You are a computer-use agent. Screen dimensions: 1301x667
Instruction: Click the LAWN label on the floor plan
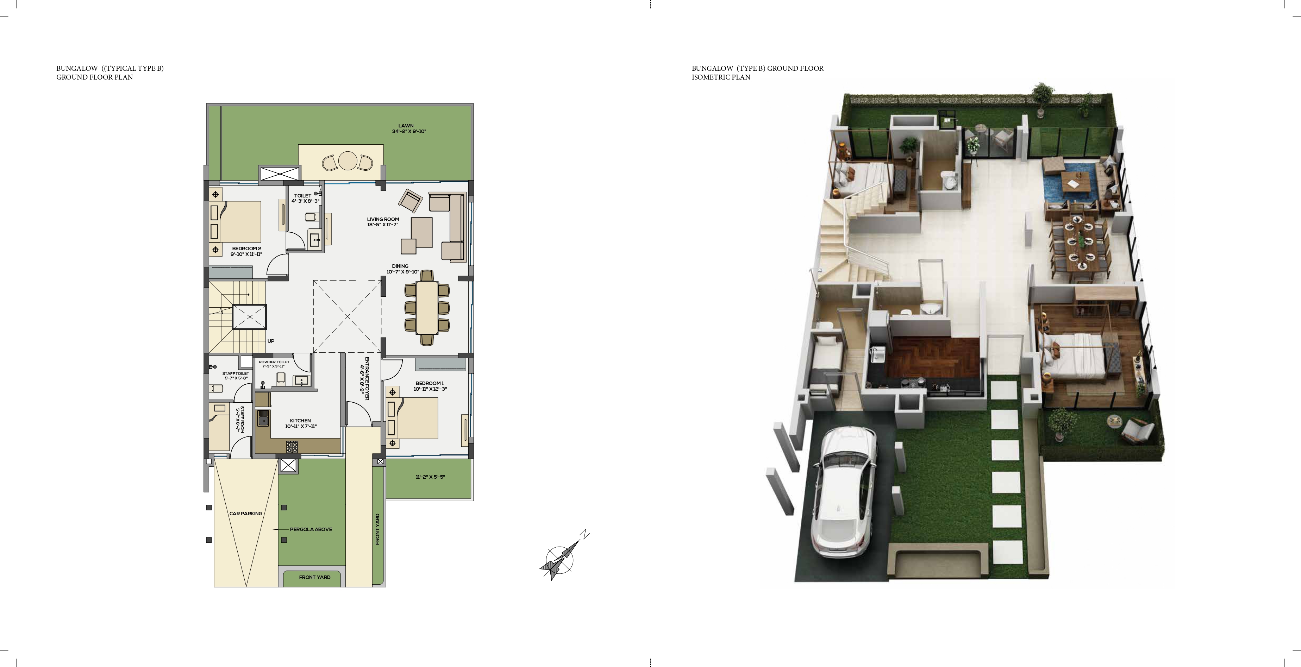[406, 126]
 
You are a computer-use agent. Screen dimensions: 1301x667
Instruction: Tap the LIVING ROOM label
[383, 220]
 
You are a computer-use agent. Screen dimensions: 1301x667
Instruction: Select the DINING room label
[400, 266]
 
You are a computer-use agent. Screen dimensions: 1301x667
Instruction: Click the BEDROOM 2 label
[246, 248]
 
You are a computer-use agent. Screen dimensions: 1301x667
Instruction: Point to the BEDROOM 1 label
[430, 383]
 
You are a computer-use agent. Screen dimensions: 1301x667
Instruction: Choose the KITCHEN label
[300, 421]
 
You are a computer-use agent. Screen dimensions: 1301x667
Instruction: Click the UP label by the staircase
[271, 341]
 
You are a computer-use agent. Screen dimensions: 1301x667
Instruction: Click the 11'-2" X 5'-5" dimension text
[430, 477]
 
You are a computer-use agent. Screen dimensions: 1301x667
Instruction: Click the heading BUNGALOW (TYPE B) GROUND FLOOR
[758, 68]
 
